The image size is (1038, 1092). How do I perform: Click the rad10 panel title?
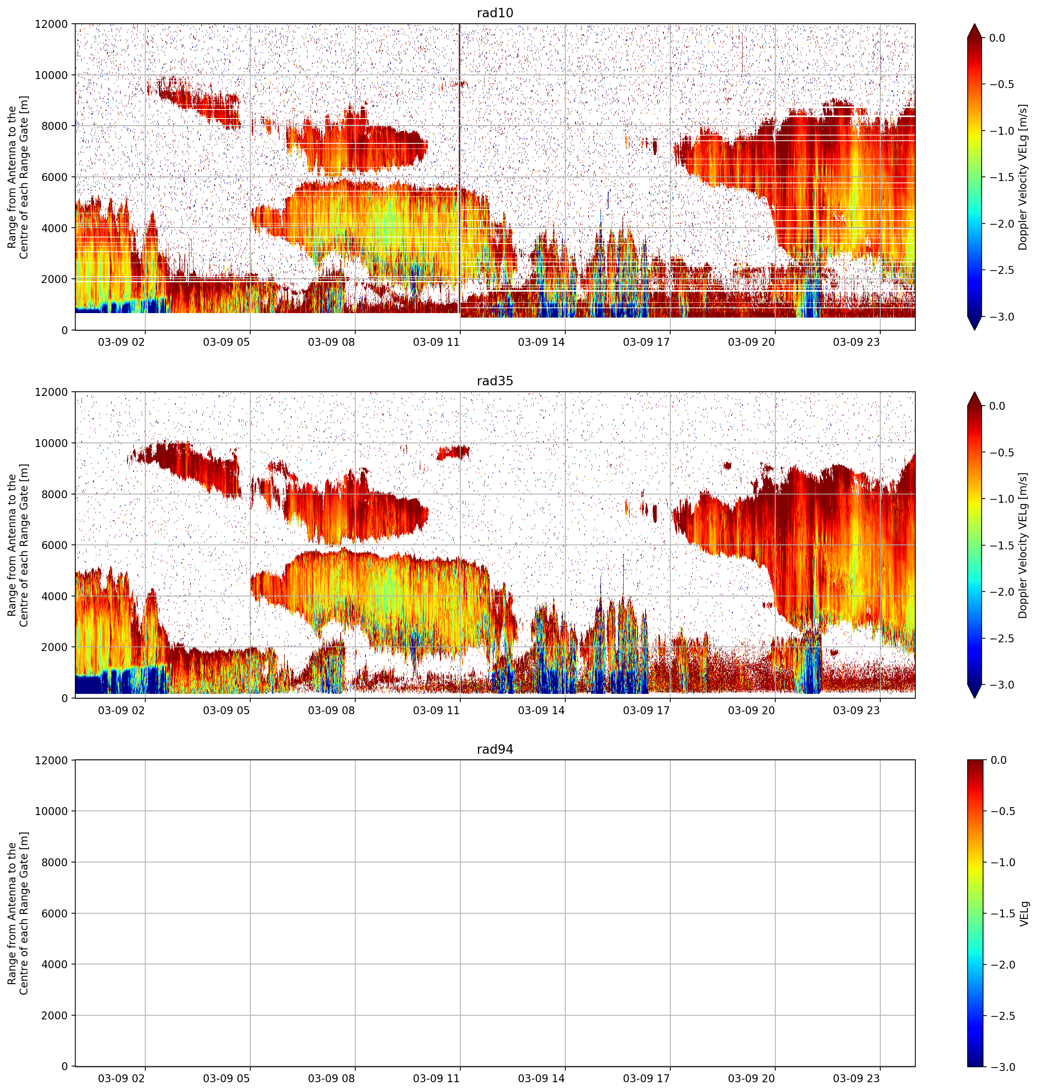tap(495, 13)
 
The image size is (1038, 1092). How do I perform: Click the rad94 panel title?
tap(495, 749)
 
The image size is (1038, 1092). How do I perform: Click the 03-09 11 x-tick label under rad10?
tap(437, 342)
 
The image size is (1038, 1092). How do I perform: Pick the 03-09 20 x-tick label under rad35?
tap(751, 710)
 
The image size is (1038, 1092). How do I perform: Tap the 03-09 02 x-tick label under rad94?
tap(121, 1078)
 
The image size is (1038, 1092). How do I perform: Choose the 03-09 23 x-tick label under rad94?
tap(857, 1078)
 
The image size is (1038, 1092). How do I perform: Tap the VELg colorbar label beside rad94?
tap(1024, 913)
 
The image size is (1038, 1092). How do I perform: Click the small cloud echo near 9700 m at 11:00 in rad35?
tap(453, 453)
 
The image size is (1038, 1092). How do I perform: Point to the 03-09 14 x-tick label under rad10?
tap(541, 342)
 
